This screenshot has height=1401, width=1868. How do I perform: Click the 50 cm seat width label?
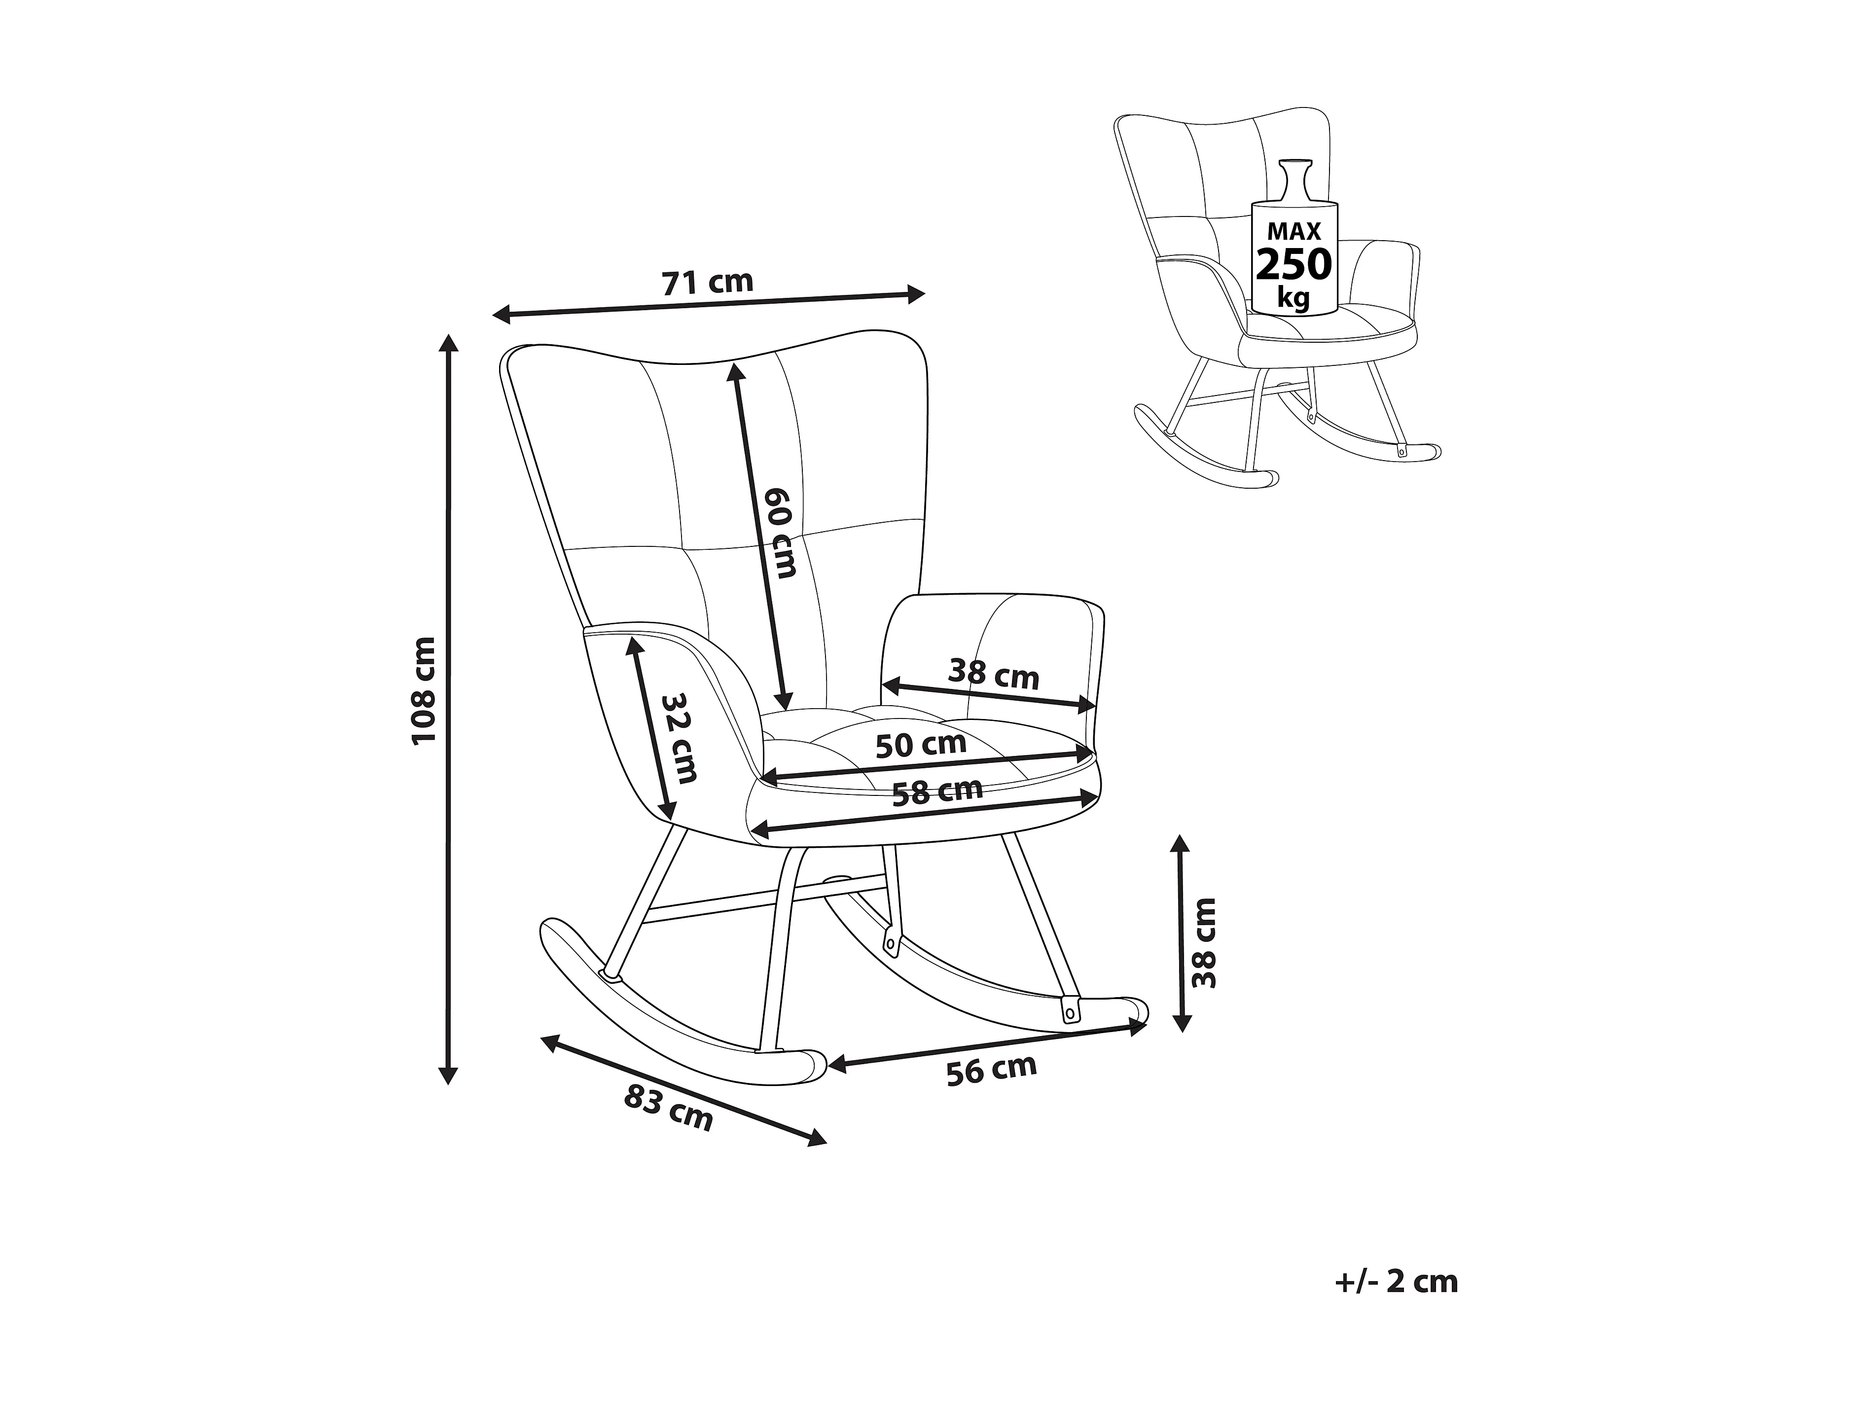(x=921, y=745)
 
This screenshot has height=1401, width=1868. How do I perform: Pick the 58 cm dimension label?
(x=937, y=792)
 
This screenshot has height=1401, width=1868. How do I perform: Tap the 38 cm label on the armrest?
(x=993, y=674)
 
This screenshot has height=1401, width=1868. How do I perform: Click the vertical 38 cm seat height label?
(x=1203, y=942)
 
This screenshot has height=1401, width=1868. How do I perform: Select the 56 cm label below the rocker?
(x=991, y=1070)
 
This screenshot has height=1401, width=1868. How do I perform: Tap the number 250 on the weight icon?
(x=1294, y=264)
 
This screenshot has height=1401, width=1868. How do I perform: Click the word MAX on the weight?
(x=1294, y=231)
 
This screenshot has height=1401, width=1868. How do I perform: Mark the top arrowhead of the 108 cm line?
(x=448, y=342)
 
